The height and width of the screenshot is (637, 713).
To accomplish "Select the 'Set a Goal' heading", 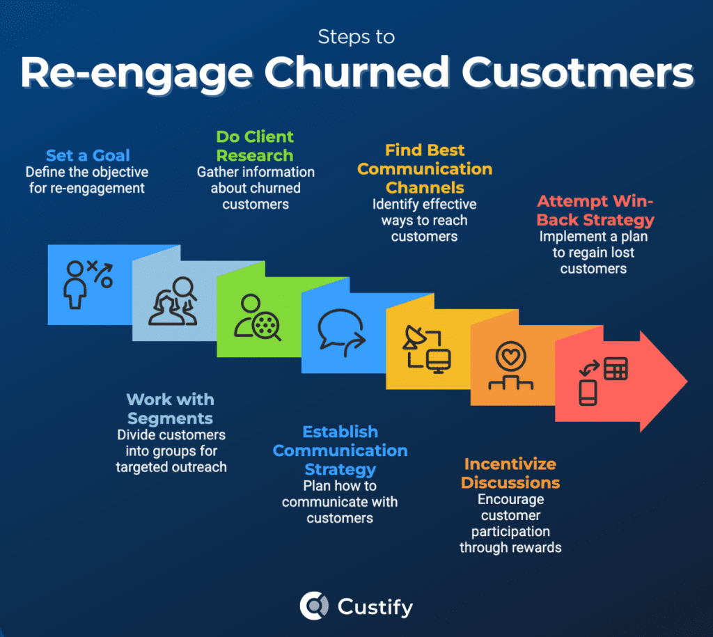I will (88, 155).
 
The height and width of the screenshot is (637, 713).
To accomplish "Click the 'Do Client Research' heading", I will (255, 146).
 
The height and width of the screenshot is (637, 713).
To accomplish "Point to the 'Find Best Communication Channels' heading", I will (425, 168).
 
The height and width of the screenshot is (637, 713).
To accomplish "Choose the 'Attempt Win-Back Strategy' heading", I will (595, 210).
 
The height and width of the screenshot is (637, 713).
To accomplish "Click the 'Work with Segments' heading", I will (171, 409).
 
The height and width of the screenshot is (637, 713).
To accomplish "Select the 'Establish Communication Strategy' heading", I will (340, 450).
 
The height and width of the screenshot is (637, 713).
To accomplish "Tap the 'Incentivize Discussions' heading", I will (510, 473).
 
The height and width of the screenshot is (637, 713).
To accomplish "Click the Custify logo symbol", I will (314, 606).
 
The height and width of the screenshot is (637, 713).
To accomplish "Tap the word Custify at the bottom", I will (375, 606).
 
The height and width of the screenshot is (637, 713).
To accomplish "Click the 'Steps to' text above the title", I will (356, 36).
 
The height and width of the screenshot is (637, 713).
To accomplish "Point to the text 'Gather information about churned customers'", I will (256, 188).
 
